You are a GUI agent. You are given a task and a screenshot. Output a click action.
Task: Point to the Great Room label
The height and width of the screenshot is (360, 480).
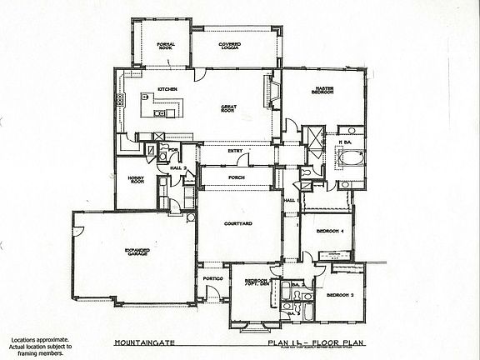tap(229, 108)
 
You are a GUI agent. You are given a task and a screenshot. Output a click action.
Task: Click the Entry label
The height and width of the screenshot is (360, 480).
tap(235, 151)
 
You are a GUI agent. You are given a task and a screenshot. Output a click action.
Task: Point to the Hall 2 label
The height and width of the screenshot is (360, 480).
tap(176, 167)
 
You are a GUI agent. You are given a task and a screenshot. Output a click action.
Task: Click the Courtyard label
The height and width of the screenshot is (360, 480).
tap(237, 223)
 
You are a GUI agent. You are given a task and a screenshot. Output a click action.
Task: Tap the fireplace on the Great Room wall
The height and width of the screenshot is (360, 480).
tap(268, 88)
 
